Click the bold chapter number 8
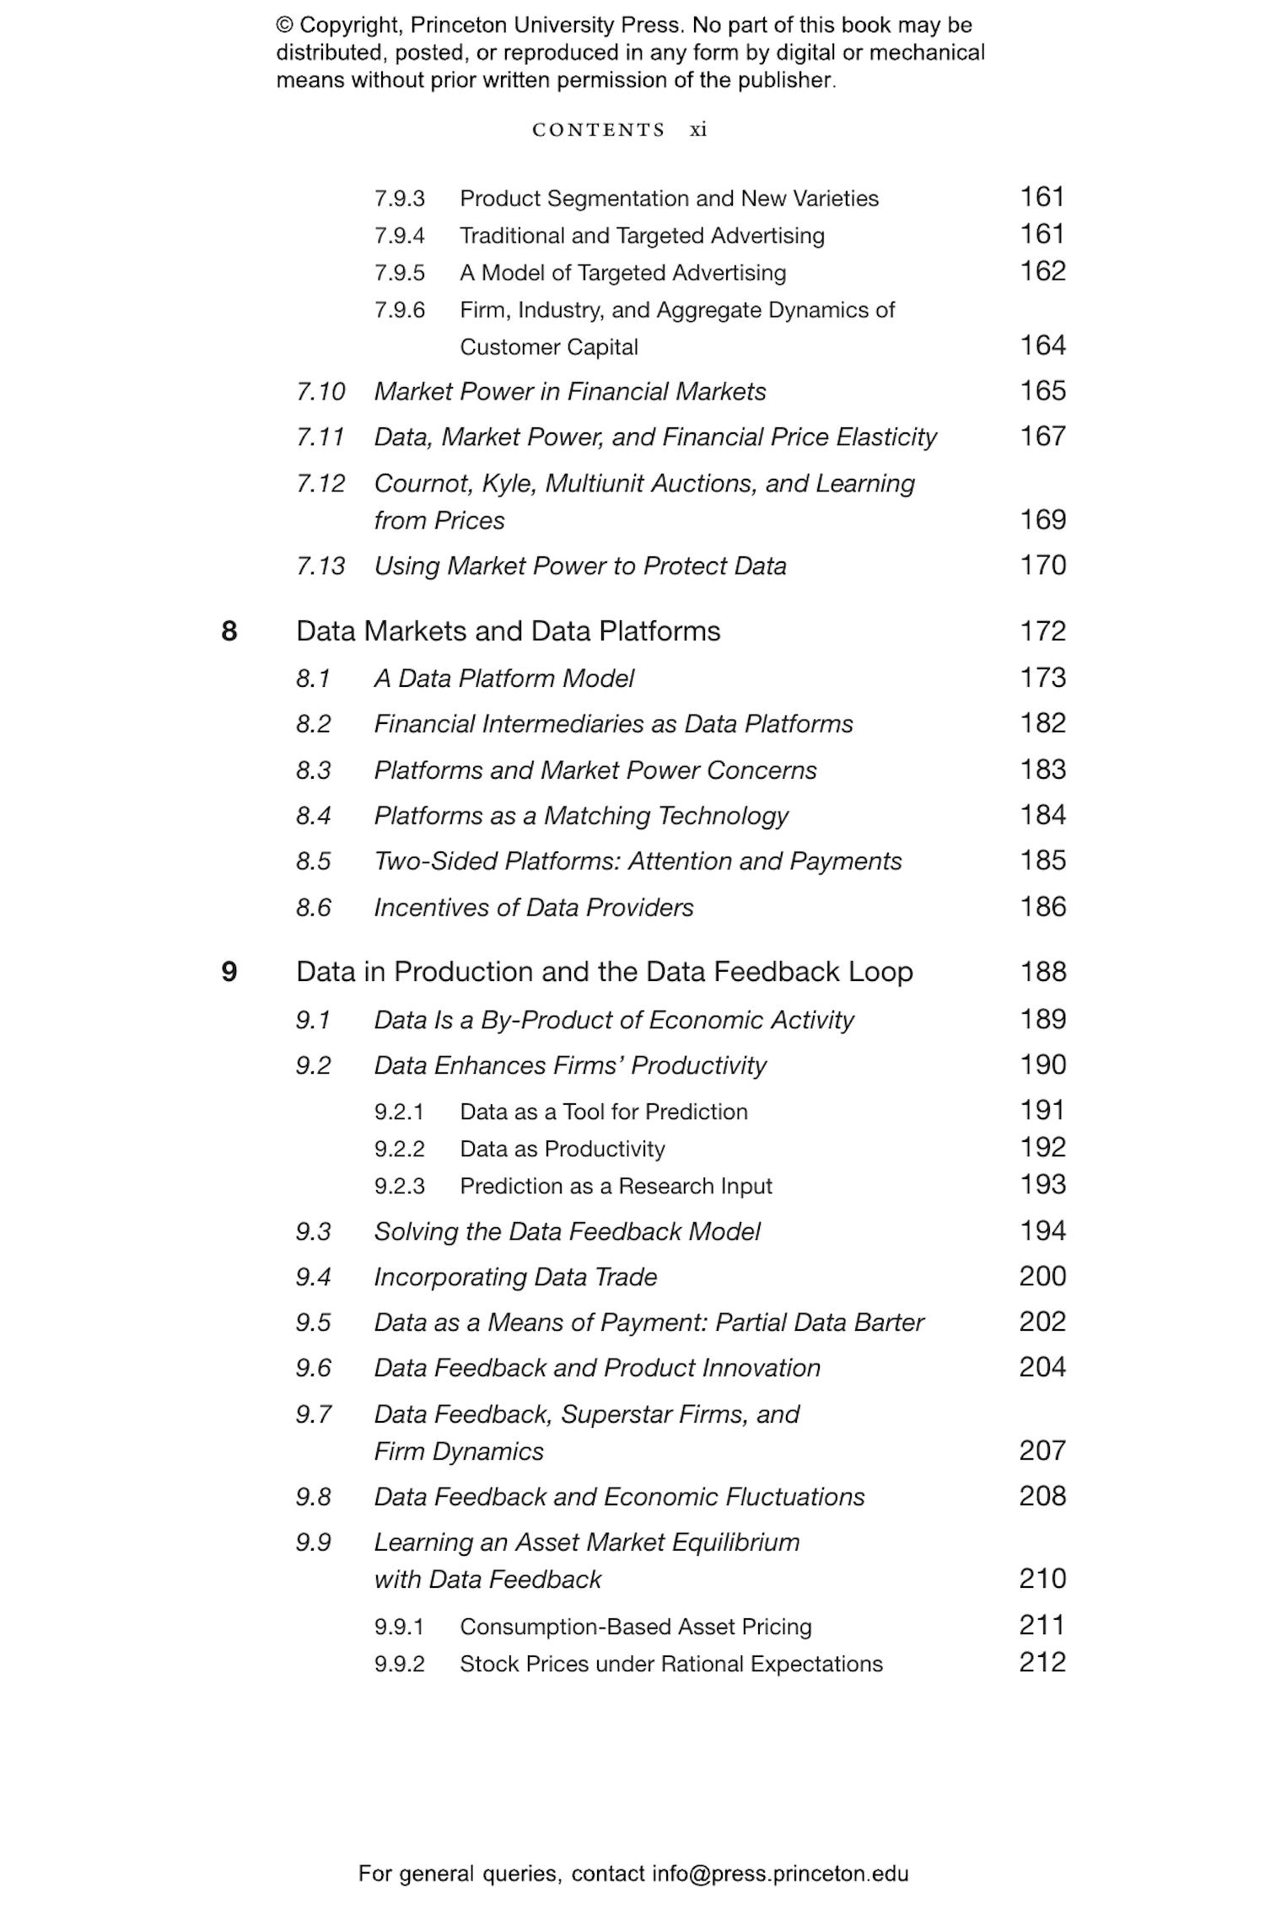[229, 631]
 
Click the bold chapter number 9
[229, 972]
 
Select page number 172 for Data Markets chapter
[1042, 631]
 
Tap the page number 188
[1042, 972]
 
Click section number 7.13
[320, 566]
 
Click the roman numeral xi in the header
[698, 130]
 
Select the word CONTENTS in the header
[599, 130]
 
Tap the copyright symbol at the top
[285, 25]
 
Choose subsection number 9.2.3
[399, 1186]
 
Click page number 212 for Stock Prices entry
[1042, 1662]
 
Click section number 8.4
[314, 816]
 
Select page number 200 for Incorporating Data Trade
[1042, 1276]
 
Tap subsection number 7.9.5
[399, 273]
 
